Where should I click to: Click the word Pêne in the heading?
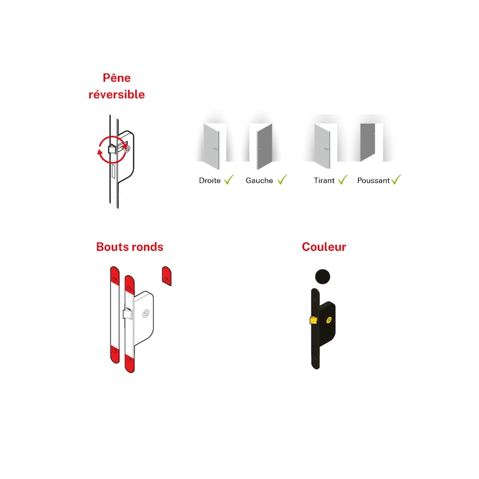[x=117, y=78]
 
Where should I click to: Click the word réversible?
[x=117, y=95]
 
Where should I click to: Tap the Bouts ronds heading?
[x=130, y=247]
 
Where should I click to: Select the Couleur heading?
[x=324, y=247]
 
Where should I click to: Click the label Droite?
[x=210, y=180]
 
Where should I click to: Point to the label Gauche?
[x=259, y=180]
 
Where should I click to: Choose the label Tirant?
[x=324, y=180]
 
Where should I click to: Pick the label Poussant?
[x=373, y=180]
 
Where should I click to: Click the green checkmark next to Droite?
[x=228, y=179]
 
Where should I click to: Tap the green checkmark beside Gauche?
[x=282, y=179]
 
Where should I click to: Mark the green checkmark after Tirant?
[x=342, y=179]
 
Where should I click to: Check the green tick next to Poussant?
[x=396, y=179]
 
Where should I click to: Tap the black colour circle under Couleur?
[x=322, y=276]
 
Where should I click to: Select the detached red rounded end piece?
[x=166, y=275]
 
